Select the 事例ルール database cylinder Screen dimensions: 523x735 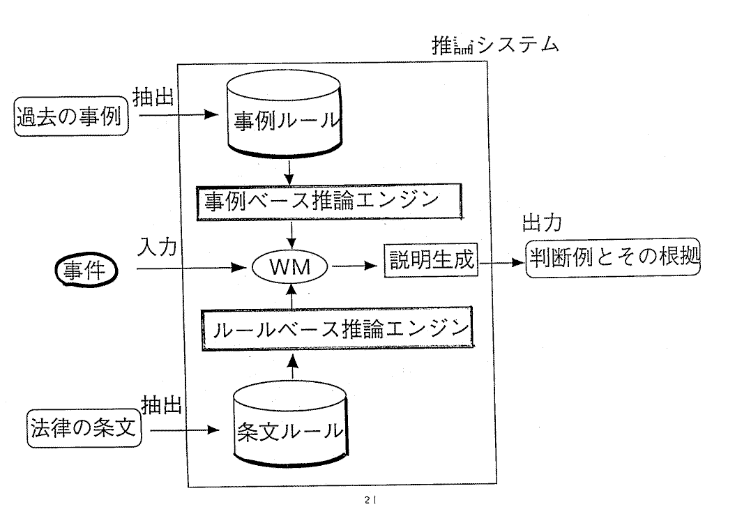287,119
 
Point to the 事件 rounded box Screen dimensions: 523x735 84,269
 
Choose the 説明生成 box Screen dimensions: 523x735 430,262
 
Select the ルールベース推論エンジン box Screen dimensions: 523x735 335,328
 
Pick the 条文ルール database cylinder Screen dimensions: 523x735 288,430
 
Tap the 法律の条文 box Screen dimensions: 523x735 84,427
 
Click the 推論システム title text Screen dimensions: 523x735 495,45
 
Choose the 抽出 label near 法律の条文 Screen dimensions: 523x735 162,404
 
